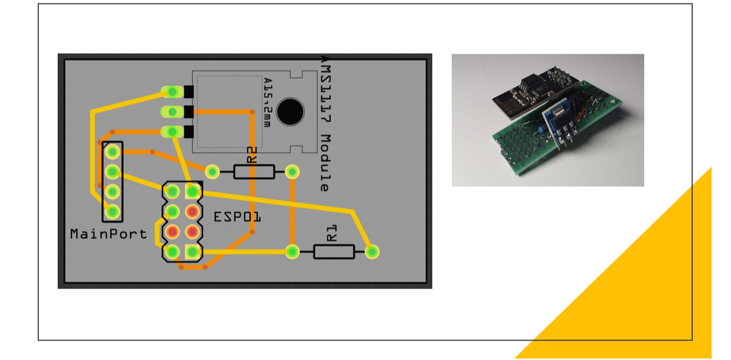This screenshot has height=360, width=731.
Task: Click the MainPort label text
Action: click(x=108, y=234)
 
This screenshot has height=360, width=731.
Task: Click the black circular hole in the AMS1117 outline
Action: click(x=290, y=111)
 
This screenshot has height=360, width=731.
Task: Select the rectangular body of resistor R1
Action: click(x=334, y=251)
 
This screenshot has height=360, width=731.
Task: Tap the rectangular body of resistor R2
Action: click(x=254, y=171)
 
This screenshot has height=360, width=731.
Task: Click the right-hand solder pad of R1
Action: click(x=372, y=251)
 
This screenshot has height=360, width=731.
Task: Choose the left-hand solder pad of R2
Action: click(x=212, y=171)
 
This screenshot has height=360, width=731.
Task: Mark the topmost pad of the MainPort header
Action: click(x=113, y=151)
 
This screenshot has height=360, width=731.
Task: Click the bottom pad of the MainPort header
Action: click(x=113, y=211)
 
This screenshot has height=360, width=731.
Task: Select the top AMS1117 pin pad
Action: click(x=171, y=91)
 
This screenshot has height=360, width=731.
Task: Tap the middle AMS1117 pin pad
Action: click(x=171, y=111)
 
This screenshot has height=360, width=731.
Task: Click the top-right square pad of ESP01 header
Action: click(x=192, y=190)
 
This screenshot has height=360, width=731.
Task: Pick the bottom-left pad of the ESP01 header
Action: click(x=172, y=251)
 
